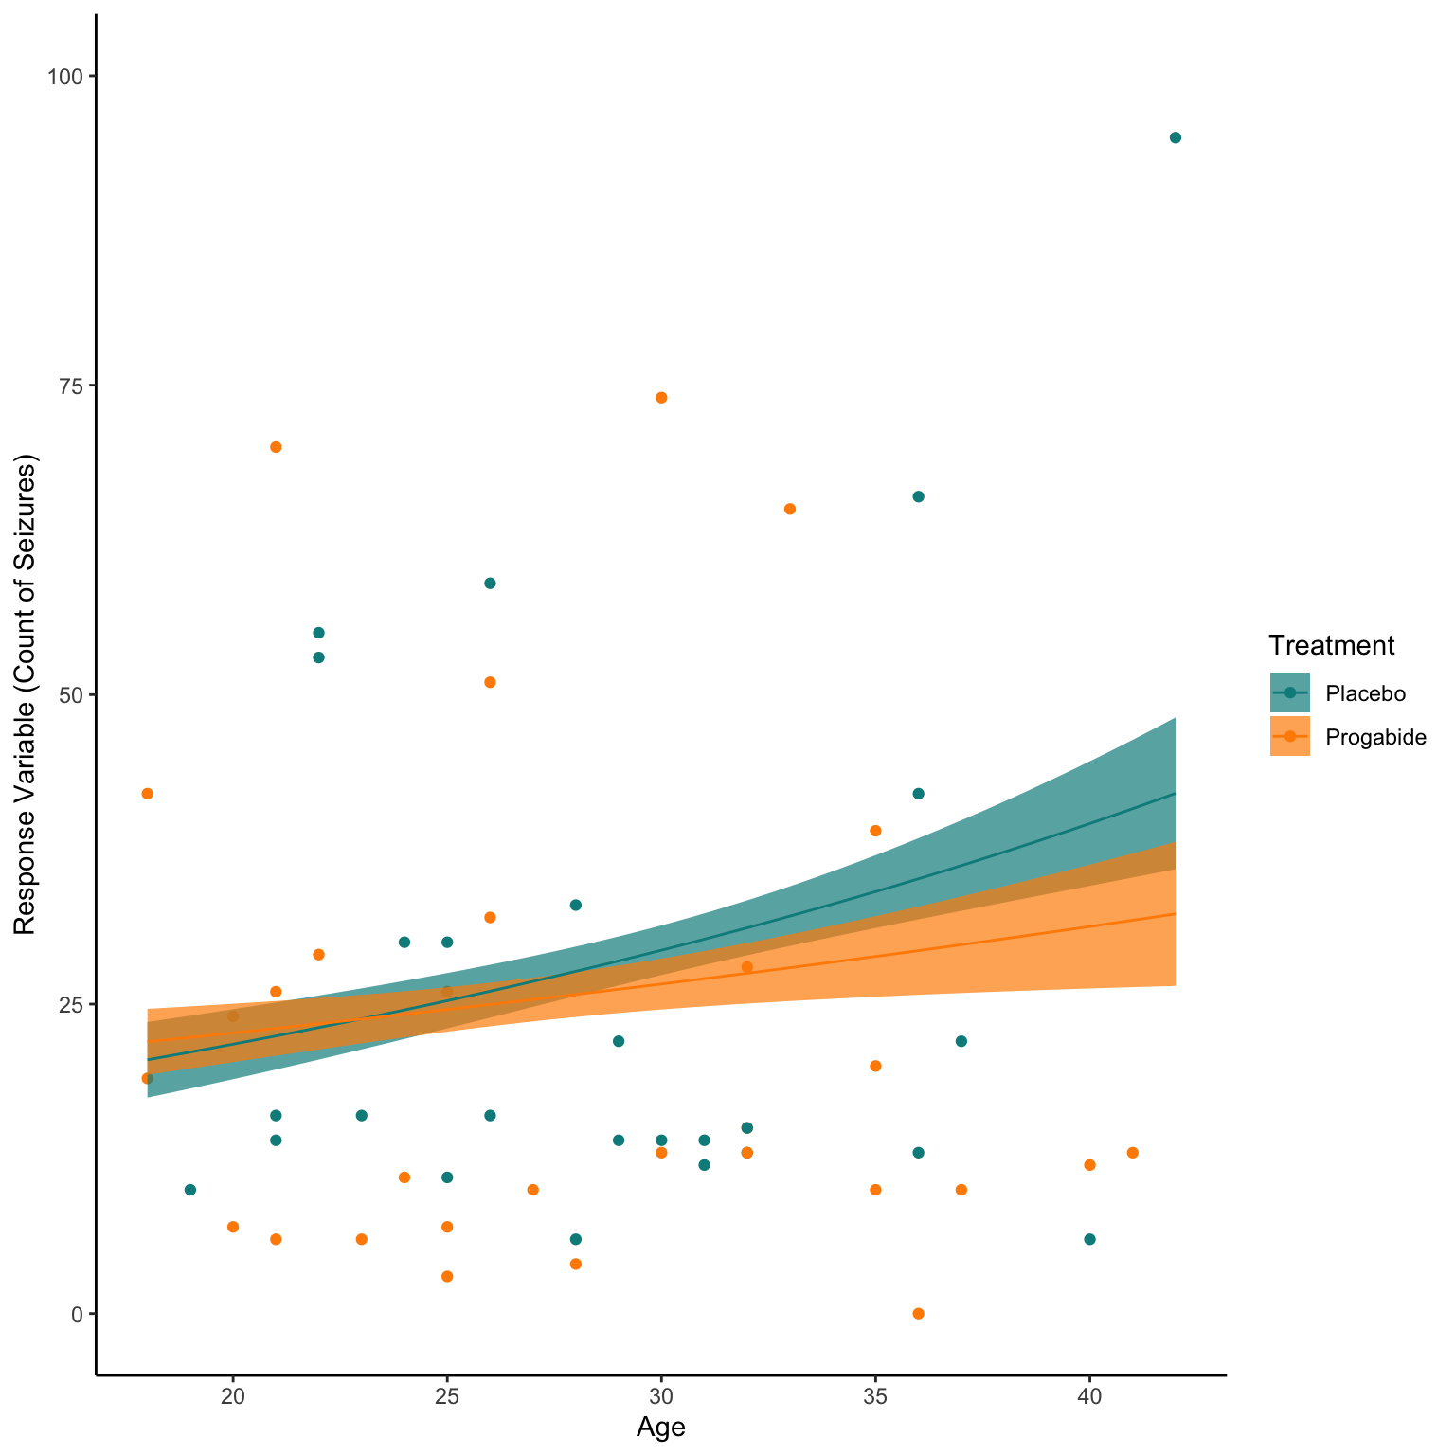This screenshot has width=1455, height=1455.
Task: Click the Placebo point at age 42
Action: pyautogui.click(x=1175, y=137)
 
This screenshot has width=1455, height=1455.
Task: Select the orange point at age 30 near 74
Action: pyautogui.click(x=661, y=397)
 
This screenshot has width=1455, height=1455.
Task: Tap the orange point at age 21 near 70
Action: pyautogui.click(x=276, y=447)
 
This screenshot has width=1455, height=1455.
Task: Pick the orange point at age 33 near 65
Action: pyautogui.click(x=790, y=509)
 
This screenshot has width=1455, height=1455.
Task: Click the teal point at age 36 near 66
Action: pyautogui.click(x=918, y=496)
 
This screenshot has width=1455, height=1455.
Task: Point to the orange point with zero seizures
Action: pyautogui.click(x=918, y=1313)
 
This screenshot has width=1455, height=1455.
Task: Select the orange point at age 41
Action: pyautogui.click(x=1132, y=1152)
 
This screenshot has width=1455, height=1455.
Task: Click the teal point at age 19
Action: pyautogui.click(x=189, y=1190)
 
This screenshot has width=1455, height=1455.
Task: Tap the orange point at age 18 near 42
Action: pyautogui.click(x=147, y=794)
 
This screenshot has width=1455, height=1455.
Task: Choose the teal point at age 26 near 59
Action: pyautogui.click(x=490, y=583)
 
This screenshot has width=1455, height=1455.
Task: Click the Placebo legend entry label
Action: pyautogui.click(x=1365, y=693)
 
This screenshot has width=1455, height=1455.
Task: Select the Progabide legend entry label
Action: pyautogui.click(x=1375, y=737)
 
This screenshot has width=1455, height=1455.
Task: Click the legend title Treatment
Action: pyautogui.click(x=1331, y=646)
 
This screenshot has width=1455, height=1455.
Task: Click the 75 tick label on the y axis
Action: pyautogui.click(x=72, y=386)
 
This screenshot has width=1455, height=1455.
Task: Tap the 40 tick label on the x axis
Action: pyautogui.click(x=1089, y=1395)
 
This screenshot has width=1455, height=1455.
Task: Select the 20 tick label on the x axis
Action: pyautogui.click(x=233, y=1395)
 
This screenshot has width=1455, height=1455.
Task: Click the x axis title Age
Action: pyautogui.click(x=660, y=1428)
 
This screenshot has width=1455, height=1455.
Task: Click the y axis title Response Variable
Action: pyautogui.click(x=25, y=694)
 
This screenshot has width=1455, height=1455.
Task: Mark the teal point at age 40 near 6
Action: pyautogui.click(x=1089, y=1239)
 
